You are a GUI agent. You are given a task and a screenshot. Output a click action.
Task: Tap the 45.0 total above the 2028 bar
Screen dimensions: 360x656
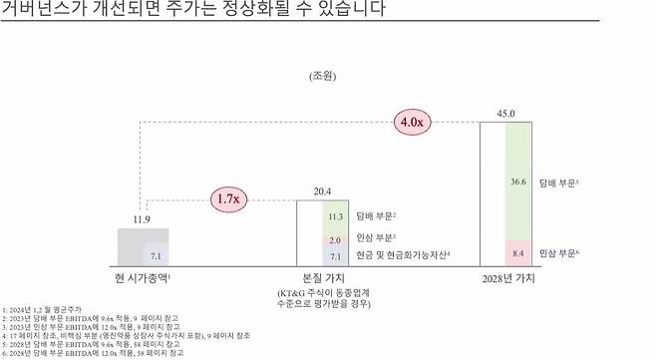point(506,114)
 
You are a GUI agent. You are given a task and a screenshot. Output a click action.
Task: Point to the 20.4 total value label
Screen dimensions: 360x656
point(322,190)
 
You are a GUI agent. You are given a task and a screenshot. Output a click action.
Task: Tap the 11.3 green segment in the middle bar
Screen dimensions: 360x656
point(336,215)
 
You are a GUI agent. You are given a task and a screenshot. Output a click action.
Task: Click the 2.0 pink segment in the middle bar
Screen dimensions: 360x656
point(336,240)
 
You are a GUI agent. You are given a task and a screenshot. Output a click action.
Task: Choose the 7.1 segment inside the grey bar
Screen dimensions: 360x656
point(154,256)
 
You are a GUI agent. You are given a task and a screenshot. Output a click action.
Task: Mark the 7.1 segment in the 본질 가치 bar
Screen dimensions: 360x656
point(336,257)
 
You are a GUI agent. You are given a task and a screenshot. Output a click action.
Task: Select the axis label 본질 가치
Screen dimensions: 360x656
point(322,277)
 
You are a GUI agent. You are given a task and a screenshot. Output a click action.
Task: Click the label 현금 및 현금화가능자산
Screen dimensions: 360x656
point(404,256)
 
